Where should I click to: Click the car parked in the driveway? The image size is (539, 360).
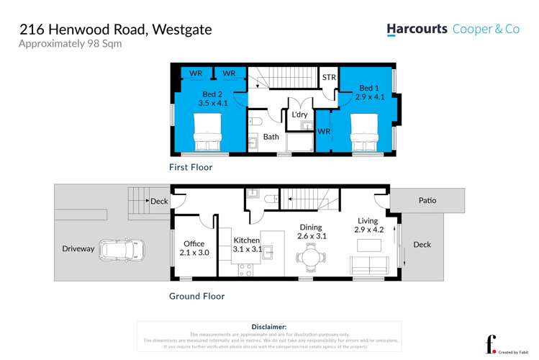123,250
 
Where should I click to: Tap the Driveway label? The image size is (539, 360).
78,249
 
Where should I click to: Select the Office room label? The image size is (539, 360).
194,243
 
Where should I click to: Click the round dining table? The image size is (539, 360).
312,256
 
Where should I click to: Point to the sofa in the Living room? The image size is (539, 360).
369,264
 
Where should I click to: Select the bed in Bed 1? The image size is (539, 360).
365,134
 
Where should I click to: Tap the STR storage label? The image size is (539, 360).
329,78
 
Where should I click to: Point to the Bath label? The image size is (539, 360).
271,136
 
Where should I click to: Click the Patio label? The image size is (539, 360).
427,201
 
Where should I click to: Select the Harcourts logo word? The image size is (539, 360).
417,30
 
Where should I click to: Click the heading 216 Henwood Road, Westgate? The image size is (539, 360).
115,30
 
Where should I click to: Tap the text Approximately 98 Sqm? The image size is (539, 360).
70,44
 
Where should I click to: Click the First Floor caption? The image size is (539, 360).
191,167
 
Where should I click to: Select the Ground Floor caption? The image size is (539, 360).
196,296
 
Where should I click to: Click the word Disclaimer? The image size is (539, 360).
269,327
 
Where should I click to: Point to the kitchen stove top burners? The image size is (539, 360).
245,269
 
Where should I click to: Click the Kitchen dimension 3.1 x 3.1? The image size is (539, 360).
247,249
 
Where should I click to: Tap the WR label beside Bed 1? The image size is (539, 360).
324,132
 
